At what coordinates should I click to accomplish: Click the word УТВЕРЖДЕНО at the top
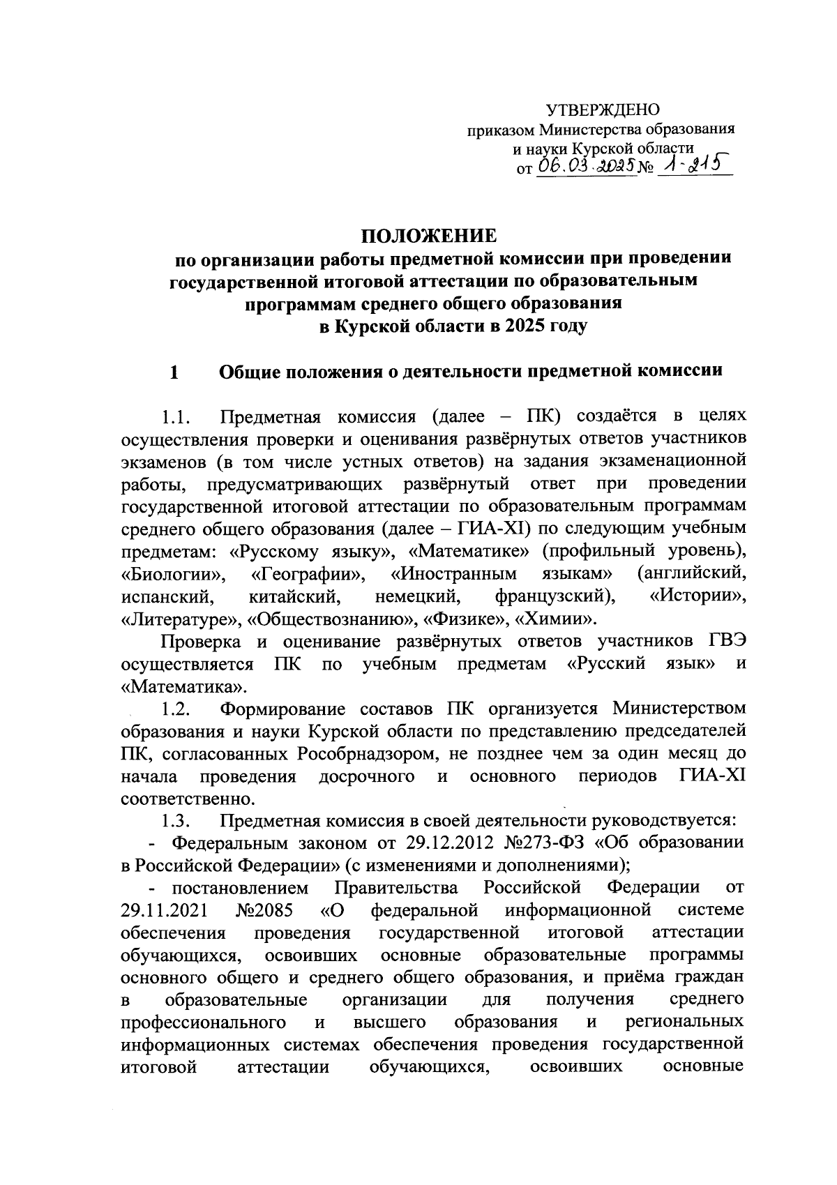pyautogui.click(x=603, y=110)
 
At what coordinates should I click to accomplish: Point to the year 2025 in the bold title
pyautogui.click(x=526, y=326)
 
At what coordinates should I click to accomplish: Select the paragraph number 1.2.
pyautogui.click(x=176, y=709)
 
